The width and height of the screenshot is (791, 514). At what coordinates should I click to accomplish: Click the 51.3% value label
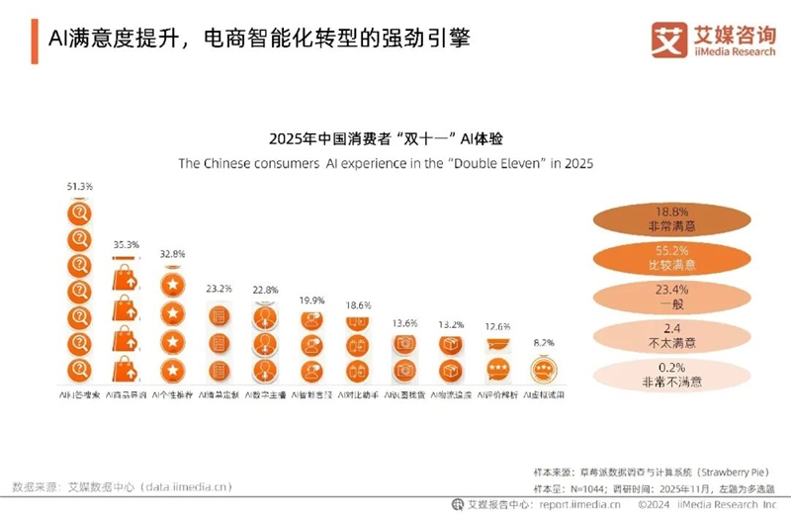click(79, 186)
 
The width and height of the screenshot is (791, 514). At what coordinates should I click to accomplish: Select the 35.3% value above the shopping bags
click(127, 244)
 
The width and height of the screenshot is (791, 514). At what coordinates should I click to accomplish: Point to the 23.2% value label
click(220, 289)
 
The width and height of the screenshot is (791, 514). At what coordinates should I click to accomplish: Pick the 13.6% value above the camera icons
click(403, 323)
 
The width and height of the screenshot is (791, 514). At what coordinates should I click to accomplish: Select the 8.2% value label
click(543, 342)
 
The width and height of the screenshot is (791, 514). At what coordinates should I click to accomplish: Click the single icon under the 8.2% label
click(543, 370)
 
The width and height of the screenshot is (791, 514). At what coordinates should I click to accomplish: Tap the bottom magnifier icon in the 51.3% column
click(79, 370)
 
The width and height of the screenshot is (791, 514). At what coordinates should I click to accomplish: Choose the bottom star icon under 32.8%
click(172, 370)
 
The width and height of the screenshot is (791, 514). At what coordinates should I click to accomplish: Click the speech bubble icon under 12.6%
click(496, 369)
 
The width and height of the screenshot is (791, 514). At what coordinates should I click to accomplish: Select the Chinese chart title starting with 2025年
click(380, 137)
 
